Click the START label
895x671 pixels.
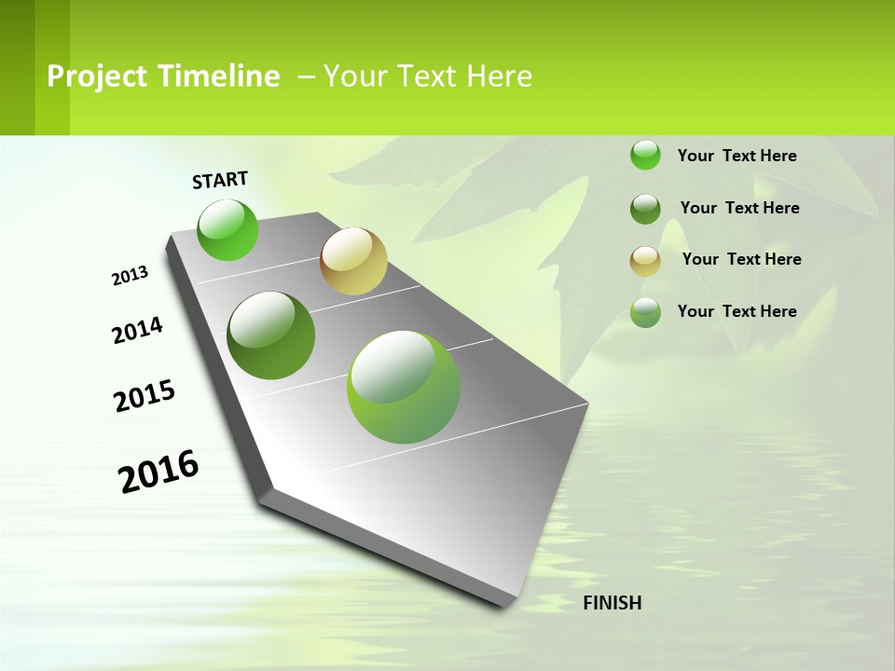click(x=220, y=180)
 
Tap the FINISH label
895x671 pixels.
click(x=613, y=603)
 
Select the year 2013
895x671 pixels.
click(x=130, y=276)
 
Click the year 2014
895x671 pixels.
click(x=137, y=330)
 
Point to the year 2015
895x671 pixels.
click(x=145, y=396)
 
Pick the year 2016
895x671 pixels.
click(x=158, y=472)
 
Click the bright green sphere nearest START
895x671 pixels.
click(x=227, y=229)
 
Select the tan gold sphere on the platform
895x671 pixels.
click(x=353, y=261)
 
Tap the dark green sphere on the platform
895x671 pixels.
click(x=271, y=335)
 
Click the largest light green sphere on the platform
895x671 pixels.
click(x=404, y=387)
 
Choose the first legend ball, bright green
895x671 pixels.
click(x=645, y=155)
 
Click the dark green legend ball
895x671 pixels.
click(x=645, y=208)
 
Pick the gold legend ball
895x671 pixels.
click(x=645, y=260)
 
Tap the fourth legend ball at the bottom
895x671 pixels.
click(x=645, y=312)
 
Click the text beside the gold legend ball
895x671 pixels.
click(x=741, y=259)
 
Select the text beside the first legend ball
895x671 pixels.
click(x=737, y=156)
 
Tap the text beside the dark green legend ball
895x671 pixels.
click(x=739, y=208)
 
